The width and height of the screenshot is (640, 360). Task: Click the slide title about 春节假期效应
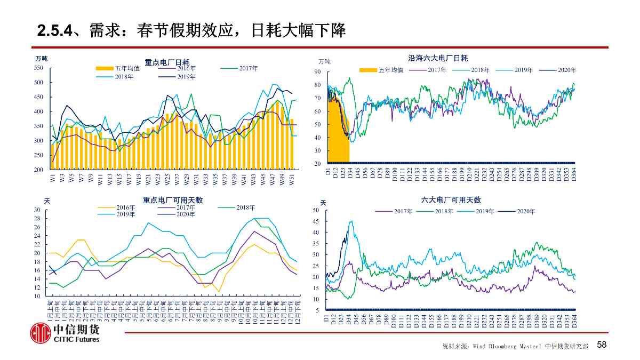pos(192,30)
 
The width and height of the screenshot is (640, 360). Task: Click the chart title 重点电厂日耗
pos(167,62)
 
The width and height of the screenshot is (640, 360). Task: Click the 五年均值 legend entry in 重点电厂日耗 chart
pos(118,68)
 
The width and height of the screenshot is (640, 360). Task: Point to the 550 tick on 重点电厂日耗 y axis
pos(38,68)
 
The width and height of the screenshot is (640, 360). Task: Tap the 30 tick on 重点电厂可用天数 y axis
pos(37,210)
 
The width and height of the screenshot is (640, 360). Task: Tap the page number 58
pos(602,345)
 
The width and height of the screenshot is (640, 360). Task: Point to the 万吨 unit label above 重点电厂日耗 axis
pos(42,58)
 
